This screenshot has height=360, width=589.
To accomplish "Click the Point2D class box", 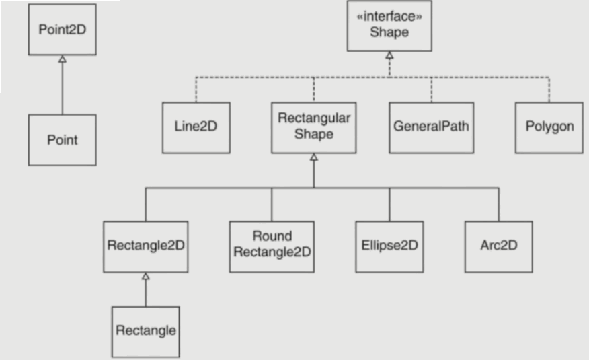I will coord(62,30).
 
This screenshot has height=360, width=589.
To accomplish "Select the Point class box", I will coord(62,140).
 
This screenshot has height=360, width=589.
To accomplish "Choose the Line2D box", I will coord(196,127).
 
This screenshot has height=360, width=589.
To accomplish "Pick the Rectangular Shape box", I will coord(313,127).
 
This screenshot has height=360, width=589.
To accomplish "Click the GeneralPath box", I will coord(431,127).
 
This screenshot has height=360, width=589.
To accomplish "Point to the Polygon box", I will coord(549,127).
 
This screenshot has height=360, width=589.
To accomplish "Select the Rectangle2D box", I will coord(145,246).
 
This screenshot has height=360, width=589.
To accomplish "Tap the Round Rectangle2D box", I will coord(272,246).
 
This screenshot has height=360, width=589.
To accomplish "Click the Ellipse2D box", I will coord(389,246).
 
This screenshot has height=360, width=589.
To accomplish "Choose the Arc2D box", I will coord(498,246).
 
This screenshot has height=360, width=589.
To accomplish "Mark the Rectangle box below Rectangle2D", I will coord(145,332).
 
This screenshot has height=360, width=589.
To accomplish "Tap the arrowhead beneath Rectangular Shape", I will coord(313,157).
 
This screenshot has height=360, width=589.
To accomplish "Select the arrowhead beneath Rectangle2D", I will coord(145,276).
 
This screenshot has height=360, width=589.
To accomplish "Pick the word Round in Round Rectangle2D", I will coord(272,236).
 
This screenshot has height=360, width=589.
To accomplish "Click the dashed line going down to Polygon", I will coord(549,90).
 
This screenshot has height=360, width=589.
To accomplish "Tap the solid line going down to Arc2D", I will coord(498,205).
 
